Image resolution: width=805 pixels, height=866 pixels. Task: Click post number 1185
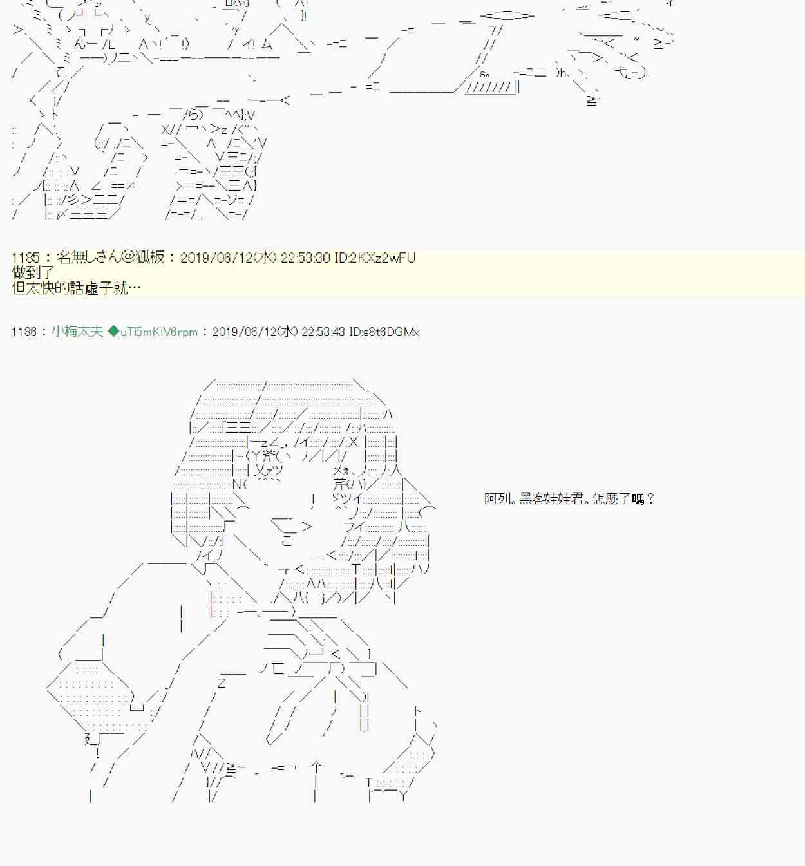click(x=25, y=258)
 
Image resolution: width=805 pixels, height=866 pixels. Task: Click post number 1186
click(x=24, y=332)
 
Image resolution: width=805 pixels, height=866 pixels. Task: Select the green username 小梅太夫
click(x=77, y=332)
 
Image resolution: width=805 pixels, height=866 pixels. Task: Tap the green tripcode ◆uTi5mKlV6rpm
click(x=153, y=332)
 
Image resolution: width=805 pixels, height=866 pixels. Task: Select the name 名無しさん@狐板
click(x=110, y=258)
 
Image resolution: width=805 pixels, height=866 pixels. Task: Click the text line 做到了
click(x=33, y=273)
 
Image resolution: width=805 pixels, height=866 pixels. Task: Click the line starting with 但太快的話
click(x=76, y=288)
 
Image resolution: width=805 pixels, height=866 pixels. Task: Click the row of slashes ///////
click(x=489, y=88)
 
